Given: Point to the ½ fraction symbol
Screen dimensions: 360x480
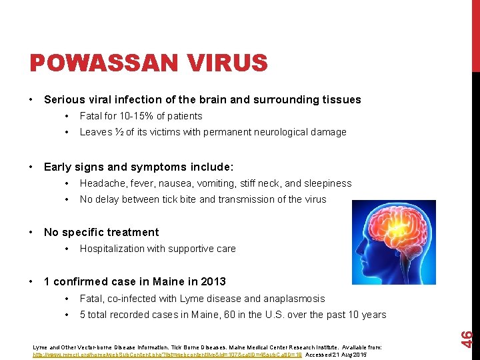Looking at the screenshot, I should pos(119,132).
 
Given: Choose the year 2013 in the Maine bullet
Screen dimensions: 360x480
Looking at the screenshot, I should pos(213,281).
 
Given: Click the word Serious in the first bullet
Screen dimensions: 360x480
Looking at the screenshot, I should pos(65,100).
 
